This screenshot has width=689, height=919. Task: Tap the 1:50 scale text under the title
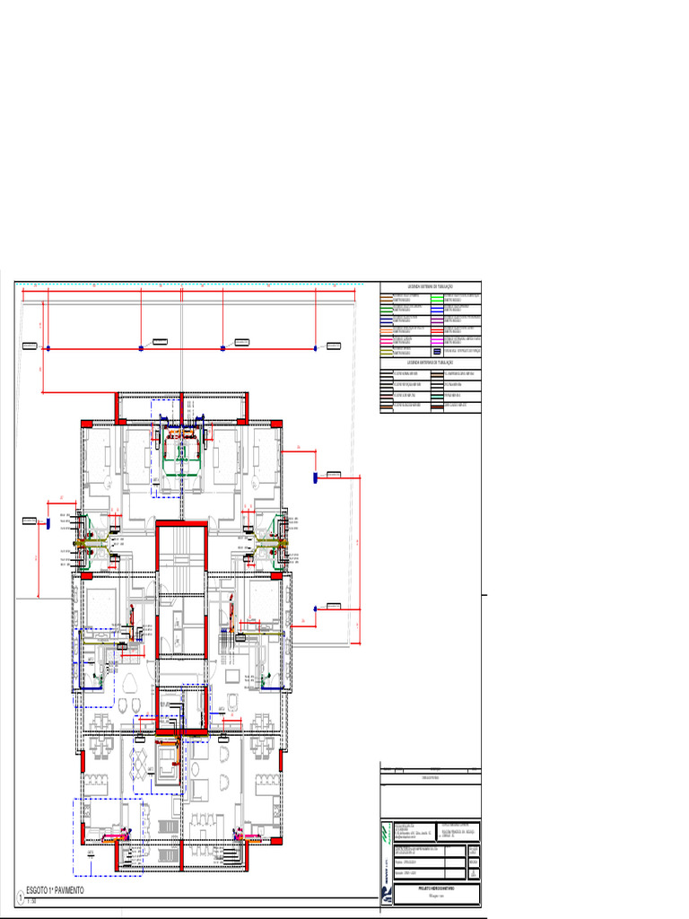coord(31,900)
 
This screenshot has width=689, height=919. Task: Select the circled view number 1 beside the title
coord(20,897)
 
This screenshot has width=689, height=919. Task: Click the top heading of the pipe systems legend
coord(431,286)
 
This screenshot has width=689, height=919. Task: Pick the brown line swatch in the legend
coord(386,296)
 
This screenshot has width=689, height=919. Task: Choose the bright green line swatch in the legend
coord(437,296)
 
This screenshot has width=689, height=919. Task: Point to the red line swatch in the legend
coord(437,330)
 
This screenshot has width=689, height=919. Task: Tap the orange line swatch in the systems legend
coord(386,330)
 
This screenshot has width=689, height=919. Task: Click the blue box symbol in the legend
coord(437,352)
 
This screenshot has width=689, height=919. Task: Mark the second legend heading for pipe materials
coord(431,363)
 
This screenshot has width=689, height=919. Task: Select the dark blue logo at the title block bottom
coord(386,893)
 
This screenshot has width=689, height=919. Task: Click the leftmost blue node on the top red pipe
coord(48,347)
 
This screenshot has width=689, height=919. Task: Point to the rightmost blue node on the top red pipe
coord(316,347)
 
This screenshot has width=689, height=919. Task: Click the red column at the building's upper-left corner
coord(87,423)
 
